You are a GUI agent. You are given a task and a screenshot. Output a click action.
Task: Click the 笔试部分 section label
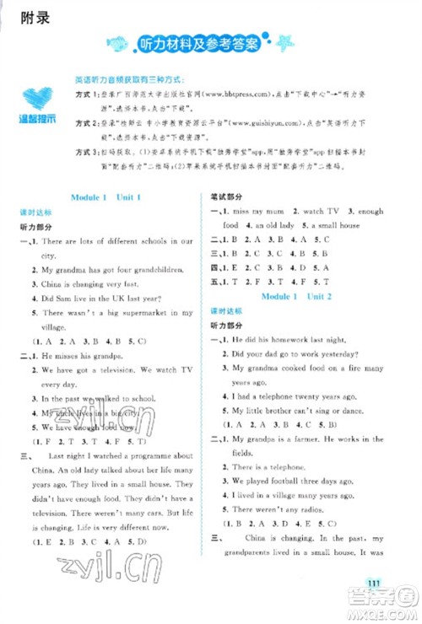tap(225, 197)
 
